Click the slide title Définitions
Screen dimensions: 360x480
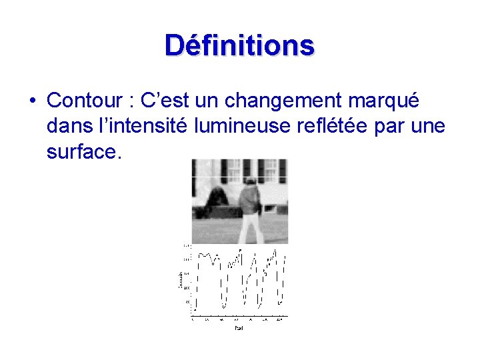click(x=239, y=45)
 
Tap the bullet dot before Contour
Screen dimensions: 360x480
click(x=32, y=101)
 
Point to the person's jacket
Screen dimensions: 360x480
click(x=249, y=199)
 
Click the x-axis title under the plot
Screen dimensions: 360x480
click(x=239, y=328)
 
